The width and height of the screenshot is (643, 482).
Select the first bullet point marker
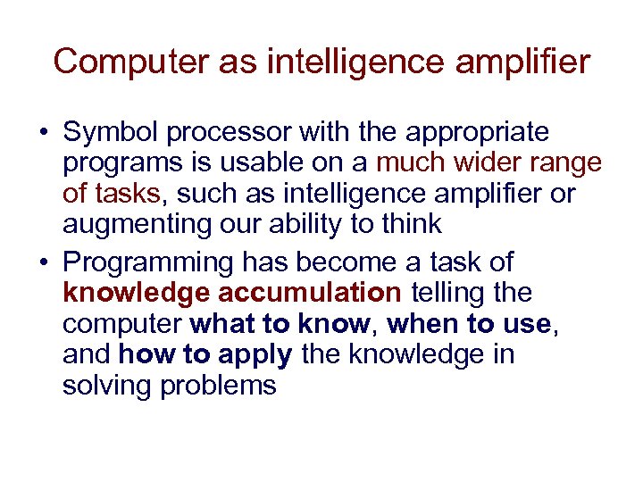point(43,134)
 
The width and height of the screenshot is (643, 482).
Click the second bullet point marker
point(43,262)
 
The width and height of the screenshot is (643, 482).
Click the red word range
point(568,164)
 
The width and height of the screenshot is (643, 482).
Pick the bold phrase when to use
point(471,324)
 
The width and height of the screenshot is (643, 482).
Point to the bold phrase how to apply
point(205,354)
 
